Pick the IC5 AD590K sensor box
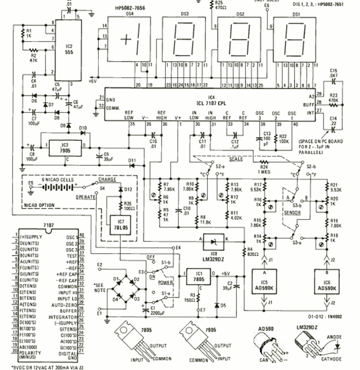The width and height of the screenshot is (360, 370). pos(265,285)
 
